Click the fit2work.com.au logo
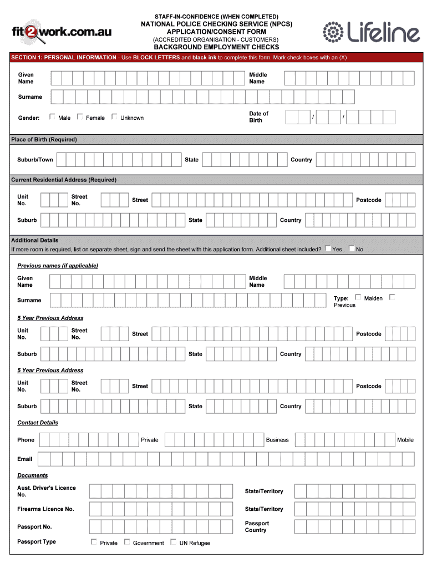(x=62, y=32)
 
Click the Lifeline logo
(x=371, y=32)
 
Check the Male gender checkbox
(x=52, y=117)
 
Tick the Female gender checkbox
(x=80, y=117)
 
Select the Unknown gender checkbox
(x=114, y=117)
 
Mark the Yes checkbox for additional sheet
(x=328, y=248)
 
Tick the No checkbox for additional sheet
(x=352, y=248)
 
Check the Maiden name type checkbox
(x=358, y=297)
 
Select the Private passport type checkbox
(x=94, y=542)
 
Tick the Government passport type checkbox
(x=127, y=542)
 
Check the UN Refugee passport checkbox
(x=174, y=542)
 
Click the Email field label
(x=25, y=459)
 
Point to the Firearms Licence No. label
(x=45, y=509)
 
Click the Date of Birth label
(x=258, y=117)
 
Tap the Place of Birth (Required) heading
(x=44, y=139)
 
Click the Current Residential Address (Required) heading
(x=64, y=180)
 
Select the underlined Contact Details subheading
(x=38, y=423)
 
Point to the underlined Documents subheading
(x=33, y=475)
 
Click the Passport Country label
(x=257, y=526)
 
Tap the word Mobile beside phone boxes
(x=405, y=440)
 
